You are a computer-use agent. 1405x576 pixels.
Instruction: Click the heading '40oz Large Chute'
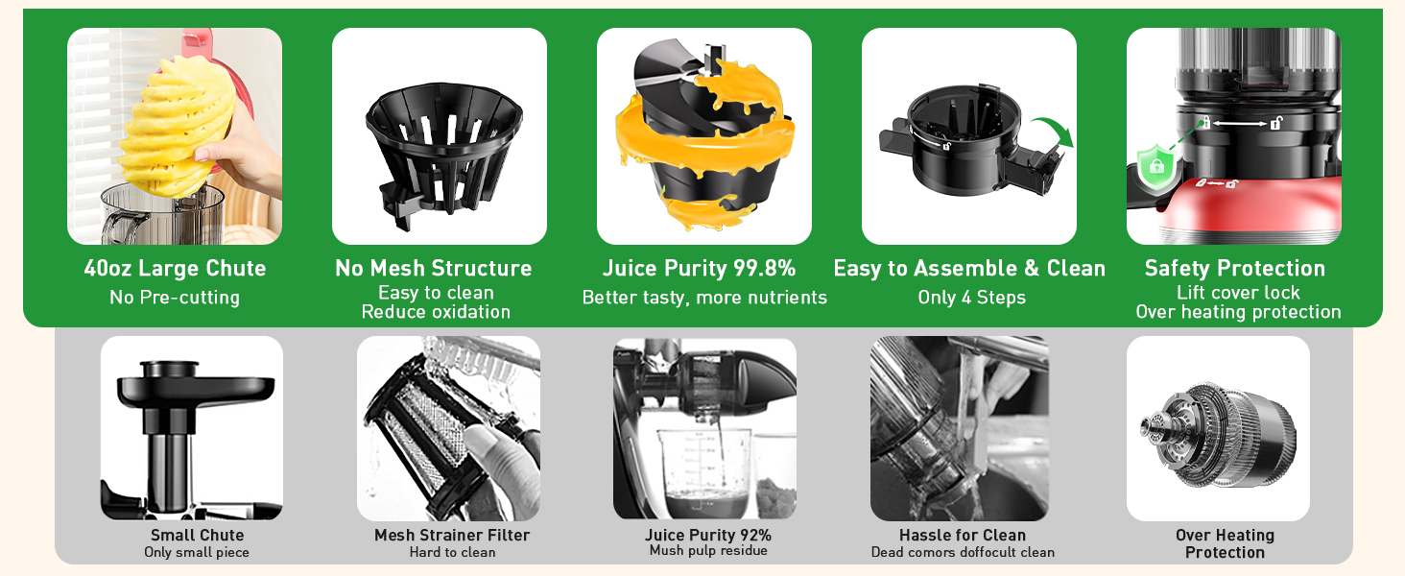point(175,269)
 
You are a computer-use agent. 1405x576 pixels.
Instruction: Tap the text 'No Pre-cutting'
point(175,298)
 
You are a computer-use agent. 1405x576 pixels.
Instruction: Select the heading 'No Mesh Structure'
point(434,269)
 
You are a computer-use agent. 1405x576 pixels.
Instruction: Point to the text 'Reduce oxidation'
point(436,312)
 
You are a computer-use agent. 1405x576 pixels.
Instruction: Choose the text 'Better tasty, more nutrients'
point(704,298)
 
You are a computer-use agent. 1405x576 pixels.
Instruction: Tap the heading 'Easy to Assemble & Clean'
point(969,269)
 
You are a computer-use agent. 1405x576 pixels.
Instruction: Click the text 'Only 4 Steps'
point(971,298)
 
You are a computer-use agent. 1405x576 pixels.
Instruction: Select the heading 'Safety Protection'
point(1235,269)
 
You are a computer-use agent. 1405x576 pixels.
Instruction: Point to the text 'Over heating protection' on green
point(1238,312)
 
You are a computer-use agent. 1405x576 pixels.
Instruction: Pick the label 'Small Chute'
point(197,535)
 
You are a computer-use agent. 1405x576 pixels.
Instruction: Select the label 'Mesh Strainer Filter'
point(452,535)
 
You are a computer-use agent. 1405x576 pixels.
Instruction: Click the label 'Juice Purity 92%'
point(708,535)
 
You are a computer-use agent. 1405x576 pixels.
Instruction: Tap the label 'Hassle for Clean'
point(963,535)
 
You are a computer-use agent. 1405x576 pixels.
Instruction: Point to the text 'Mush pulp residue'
point(708,551)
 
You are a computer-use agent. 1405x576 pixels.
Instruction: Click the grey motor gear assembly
point(1218,427)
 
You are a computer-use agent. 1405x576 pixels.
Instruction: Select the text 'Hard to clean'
point(452,552)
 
